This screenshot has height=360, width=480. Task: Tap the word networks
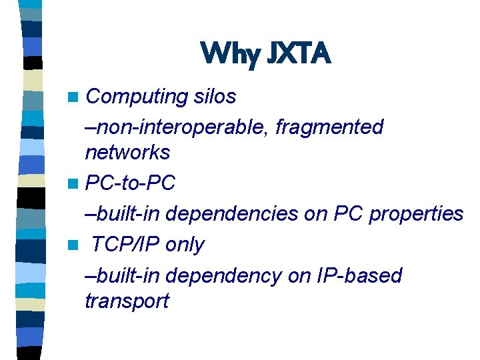click(127, 153)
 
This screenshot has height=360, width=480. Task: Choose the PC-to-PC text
click(131, 183)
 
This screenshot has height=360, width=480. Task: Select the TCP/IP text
click(125, 245)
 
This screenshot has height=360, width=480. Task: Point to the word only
click(184, 245)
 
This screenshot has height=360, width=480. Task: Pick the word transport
click(127, 301)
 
